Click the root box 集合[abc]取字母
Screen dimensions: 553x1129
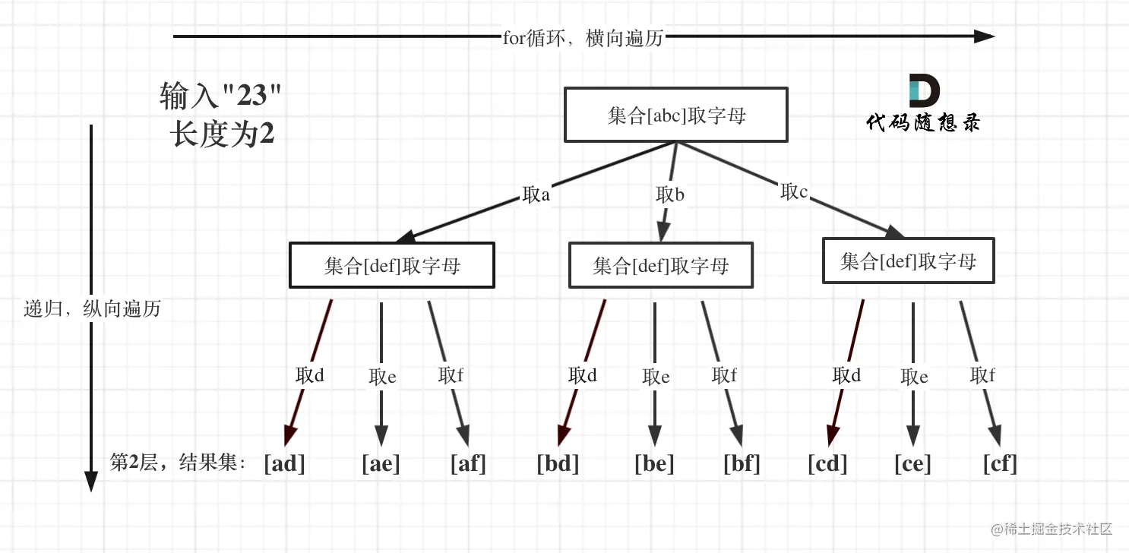[x=675, y=115]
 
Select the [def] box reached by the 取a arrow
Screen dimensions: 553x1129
[x=391, y=265]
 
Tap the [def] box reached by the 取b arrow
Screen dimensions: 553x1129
[x=660, y=265]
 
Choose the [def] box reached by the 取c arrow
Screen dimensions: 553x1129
[x=908, y=262]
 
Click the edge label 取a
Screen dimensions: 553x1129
[x=536, y=194]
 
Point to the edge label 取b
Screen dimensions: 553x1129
[x=669, y=194]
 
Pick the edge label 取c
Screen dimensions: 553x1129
[x=793, y=191]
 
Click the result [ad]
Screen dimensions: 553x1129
[x=284, y=463]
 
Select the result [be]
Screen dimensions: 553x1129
[x=654, y=463]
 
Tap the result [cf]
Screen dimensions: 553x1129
[x=999, y=463]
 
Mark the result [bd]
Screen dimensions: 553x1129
[x=558, y=463]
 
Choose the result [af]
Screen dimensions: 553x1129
[x=467, y=463]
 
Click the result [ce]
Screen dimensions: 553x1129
[x=912, y=463]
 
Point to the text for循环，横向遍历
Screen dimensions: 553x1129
[x=583, y=37]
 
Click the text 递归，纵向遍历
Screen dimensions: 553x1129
[x=92, y=309]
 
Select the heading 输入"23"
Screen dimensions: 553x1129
[x=220, y=96]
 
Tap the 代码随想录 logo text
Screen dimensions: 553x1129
[x=923, y=122]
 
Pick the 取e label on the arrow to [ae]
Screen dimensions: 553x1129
[x=382, y=377]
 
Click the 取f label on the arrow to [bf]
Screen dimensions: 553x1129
[x=724, y=375]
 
